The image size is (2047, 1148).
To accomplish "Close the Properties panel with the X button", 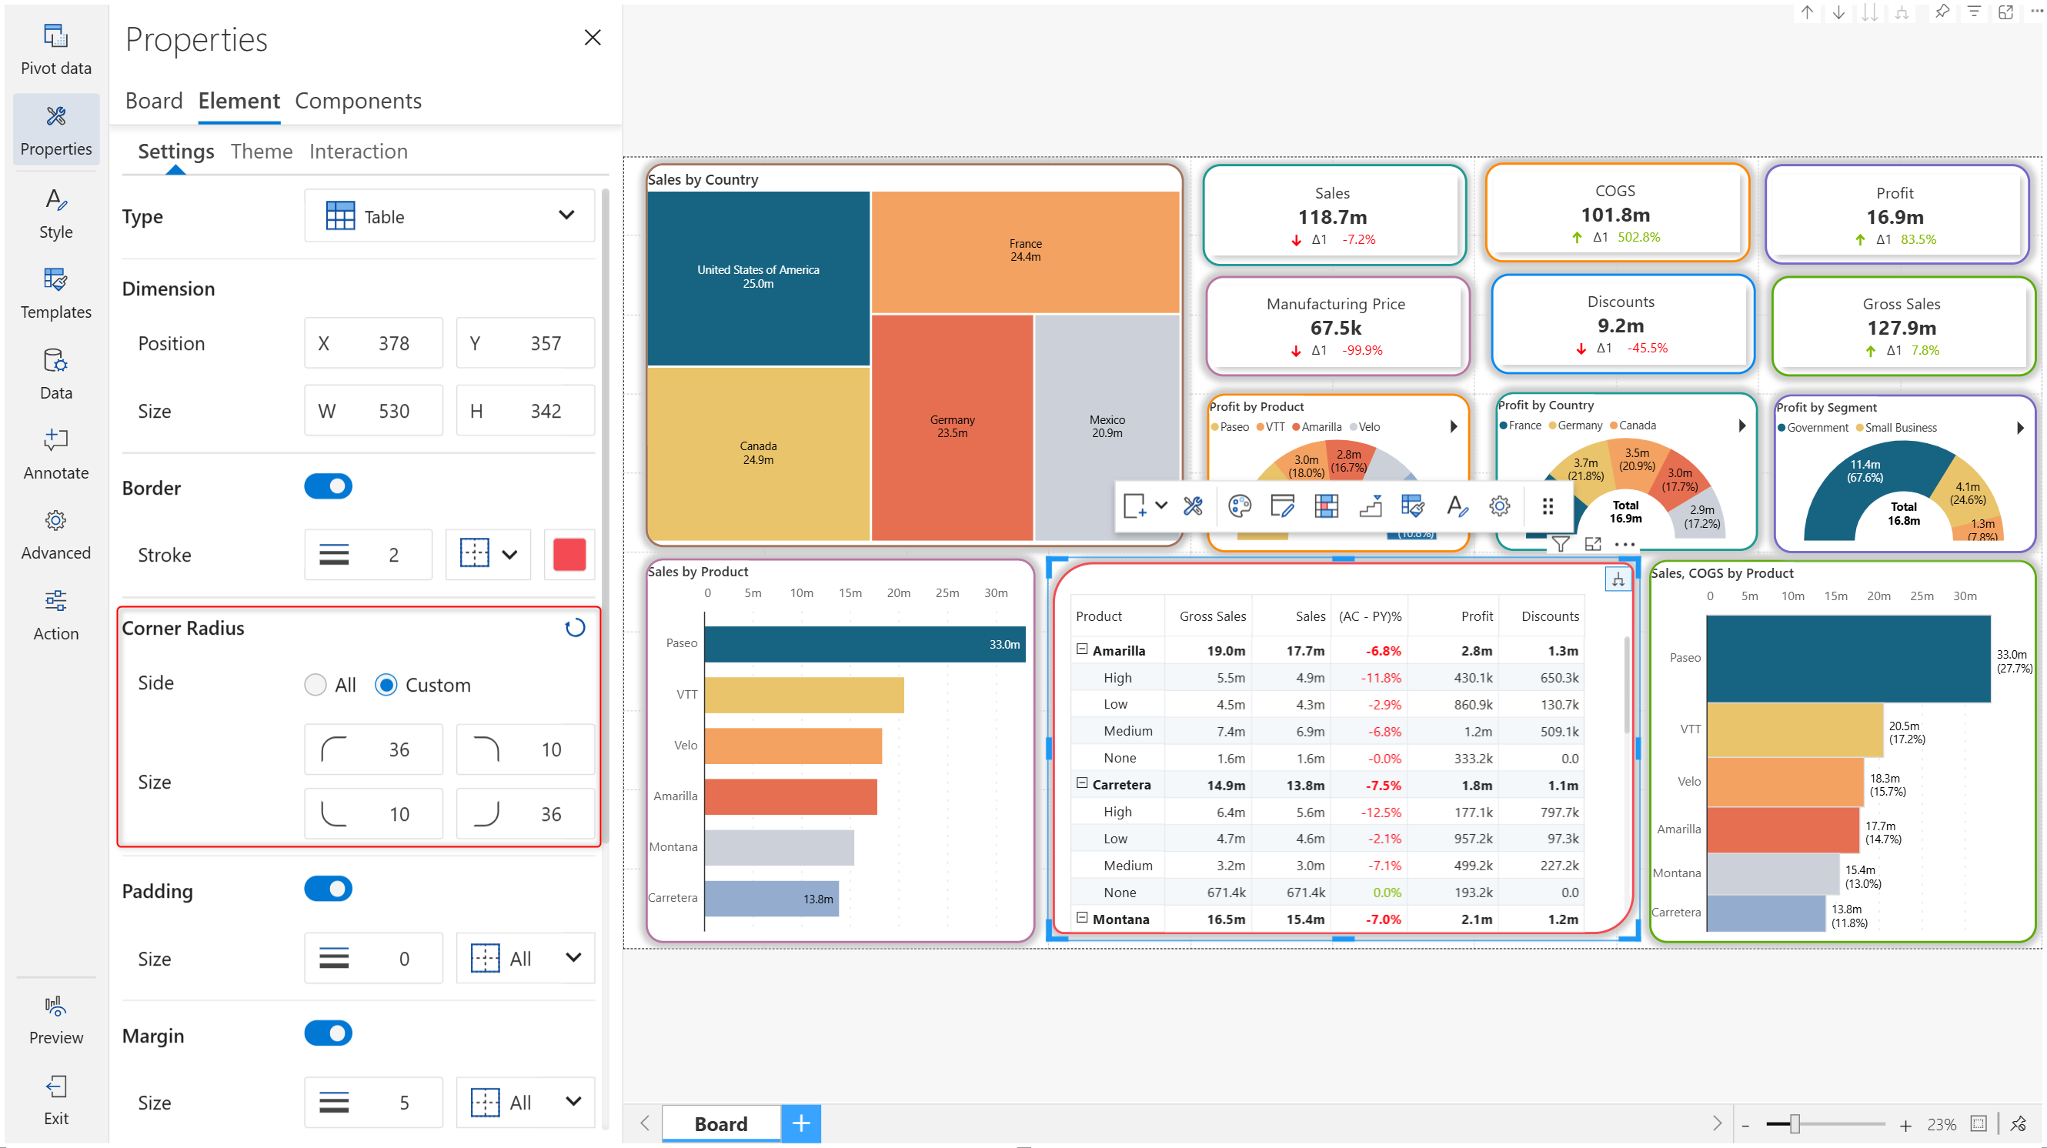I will (x=592, y=38).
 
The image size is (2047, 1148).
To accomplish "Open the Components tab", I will (x=358, y=101).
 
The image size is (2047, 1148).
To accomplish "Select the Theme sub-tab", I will (x=261, y=151).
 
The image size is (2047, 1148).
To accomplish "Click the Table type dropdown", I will (x=449, y=216).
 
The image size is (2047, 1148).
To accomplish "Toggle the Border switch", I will (x=328, y=486).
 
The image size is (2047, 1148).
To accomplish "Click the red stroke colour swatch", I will (x=569, y=554).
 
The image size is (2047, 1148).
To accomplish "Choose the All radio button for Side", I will (x=316, y=685).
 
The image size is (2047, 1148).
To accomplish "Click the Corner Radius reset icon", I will (x=575, y=628).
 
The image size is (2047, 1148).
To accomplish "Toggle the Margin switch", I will (x=328, y=1033).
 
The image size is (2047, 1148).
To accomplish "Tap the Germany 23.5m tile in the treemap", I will (x=951, y=426).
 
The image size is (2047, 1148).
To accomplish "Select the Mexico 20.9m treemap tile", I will (x=1106, y=426).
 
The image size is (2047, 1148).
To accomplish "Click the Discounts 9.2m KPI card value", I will (x=1620, y=325).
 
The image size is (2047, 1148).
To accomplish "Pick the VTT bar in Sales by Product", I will (x=803, y=695).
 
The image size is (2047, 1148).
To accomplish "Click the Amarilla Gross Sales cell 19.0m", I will (x=1225, y=651).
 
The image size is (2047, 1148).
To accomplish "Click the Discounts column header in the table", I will (x=1549, y=616).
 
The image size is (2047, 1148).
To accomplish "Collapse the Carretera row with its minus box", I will (x=1081, y=783).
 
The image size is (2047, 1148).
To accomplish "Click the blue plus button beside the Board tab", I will (x=800, y=1123).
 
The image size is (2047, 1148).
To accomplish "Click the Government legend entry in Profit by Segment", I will (x=1817, y=427).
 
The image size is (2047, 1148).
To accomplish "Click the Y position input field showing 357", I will (x=526, y=343).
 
